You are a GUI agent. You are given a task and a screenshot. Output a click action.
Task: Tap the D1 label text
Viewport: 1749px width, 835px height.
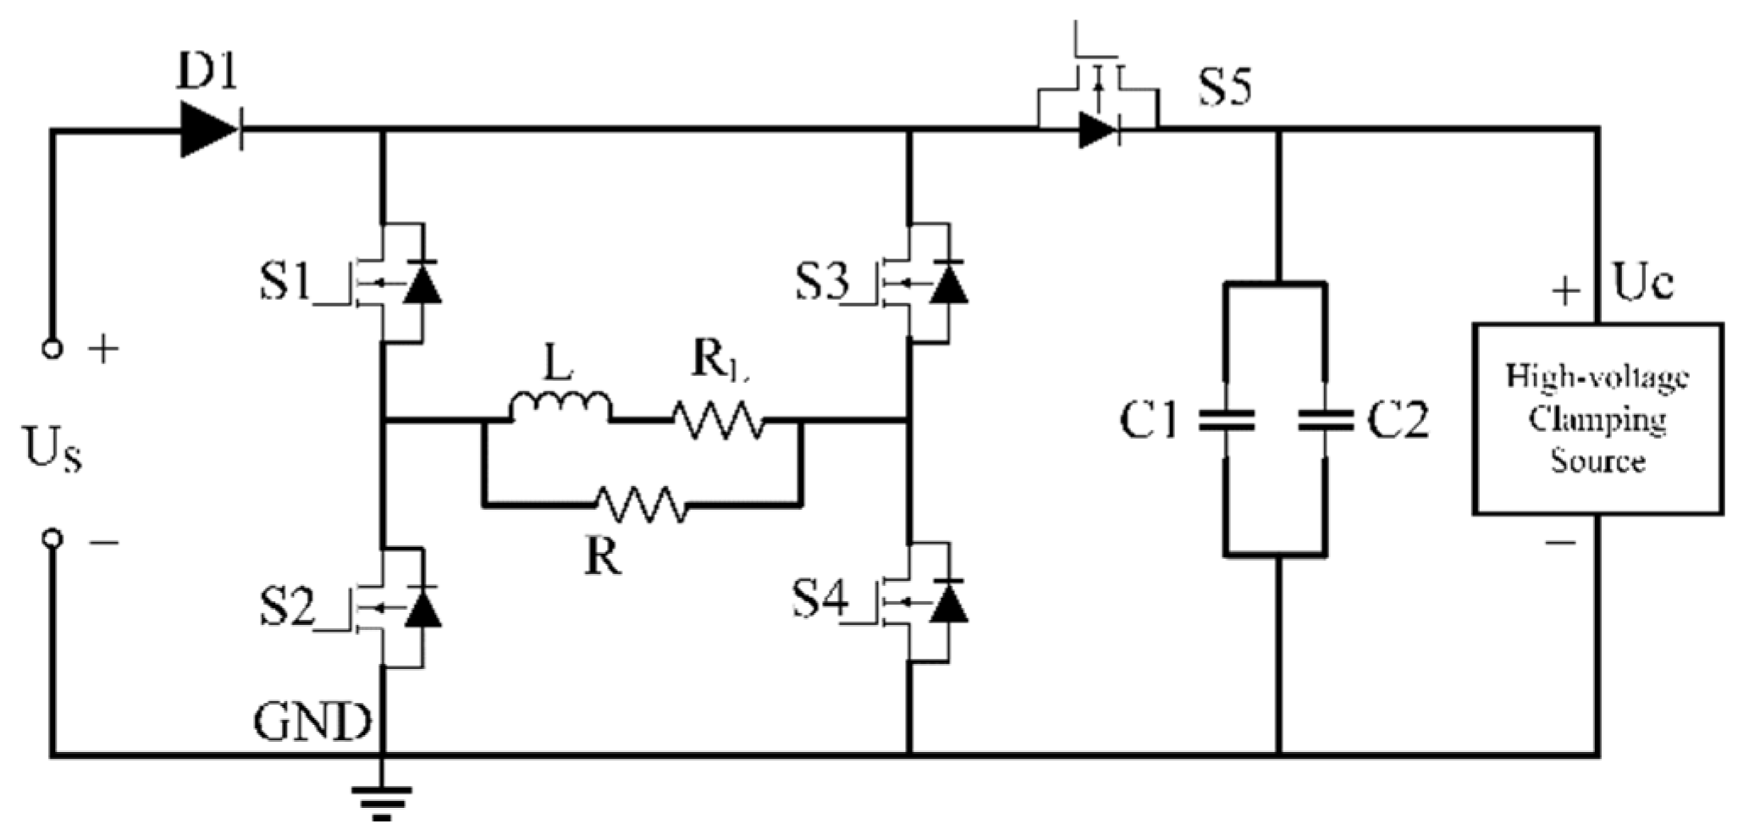pos(207,75)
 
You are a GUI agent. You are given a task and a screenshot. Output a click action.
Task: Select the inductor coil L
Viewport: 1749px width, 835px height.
pos(560,406)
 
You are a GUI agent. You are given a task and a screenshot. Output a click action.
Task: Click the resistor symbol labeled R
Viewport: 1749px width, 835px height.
pos(642,505)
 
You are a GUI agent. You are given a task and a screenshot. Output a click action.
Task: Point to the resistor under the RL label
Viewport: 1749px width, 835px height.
pos(718,419)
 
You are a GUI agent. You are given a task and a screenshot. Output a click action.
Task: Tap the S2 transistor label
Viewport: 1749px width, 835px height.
pos(285,606)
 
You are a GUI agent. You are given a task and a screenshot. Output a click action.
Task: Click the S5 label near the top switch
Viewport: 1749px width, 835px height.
pos(1225,86)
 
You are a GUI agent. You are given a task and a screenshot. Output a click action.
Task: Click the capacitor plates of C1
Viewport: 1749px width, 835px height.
pos(1226,420)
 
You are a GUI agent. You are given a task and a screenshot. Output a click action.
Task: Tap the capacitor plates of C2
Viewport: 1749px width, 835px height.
pos(1326,420)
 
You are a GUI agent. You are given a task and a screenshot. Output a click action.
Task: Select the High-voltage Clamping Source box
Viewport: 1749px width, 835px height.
pos(1597,418)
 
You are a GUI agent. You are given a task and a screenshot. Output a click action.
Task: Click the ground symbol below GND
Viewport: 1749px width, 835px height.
pos(382,799)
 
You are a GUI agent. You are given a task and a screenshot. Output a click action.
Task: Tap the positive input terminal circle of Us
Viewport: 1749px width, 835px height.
pos(52,348)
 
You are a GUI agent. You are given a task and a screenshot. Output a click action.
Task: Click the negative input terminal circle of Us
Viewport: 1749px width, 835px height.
pos(52,539)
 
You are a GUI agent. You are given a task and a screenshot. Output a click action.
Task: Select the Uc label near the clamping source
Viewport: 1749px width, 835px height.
pos(1642,283)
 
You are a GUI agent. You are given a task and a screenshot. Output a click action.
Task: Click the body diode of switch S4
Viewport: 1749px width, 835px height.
pos(949,601)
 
